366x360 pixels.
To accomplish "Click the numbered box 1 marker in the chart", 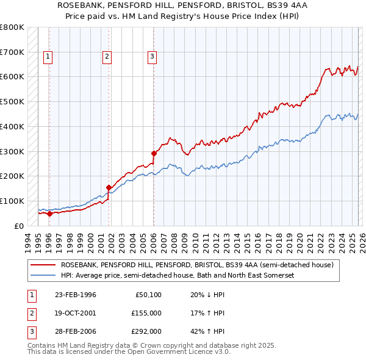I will (48, 57).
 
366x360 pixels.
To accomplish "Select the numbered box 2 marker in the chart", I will (107, 57).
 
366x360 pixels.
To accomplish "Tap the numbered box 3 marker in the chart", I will (152, 57).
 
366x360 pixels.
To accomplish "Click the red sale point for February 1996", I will (49, 214).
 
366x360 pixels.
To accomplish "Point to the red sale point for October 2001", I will (109, 187).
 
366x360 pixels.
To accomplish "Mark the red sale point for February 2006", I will (154, 153).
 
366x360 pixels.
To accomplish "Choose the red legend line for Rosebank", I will (43, 265).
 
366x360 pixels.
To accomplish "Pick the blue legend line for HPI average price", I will (43, 276).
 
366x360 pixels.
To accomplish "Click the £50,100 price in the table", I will (147, 295).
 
